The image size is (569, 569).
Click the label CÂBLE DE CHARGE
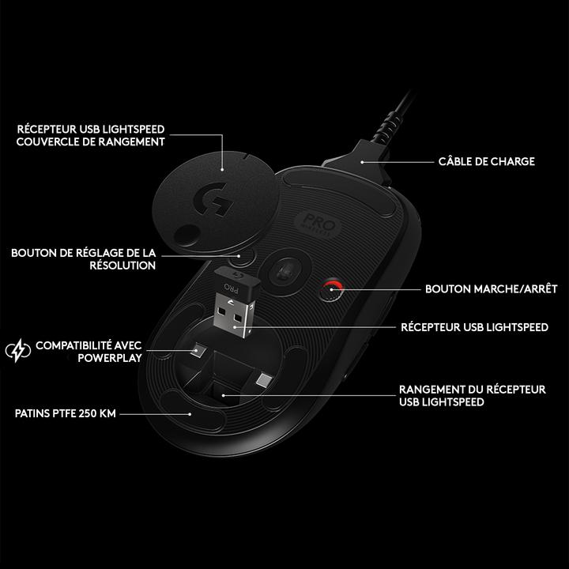[486, 161]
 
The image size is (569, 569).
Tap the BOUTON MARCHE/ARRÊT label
[491, 289]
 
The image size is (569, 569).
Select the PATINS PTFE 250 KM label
[66, 413]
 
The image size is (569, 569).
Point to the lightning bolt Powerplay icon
[17, 350]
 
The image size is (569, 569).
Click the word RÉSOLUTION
[122, 266]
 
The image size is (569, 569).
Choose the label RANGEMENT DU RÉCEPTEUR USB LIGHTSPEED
[472, 396]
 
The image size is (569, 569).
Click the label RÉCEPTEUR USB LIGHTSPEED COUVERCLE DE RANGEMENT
[91, 135]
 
